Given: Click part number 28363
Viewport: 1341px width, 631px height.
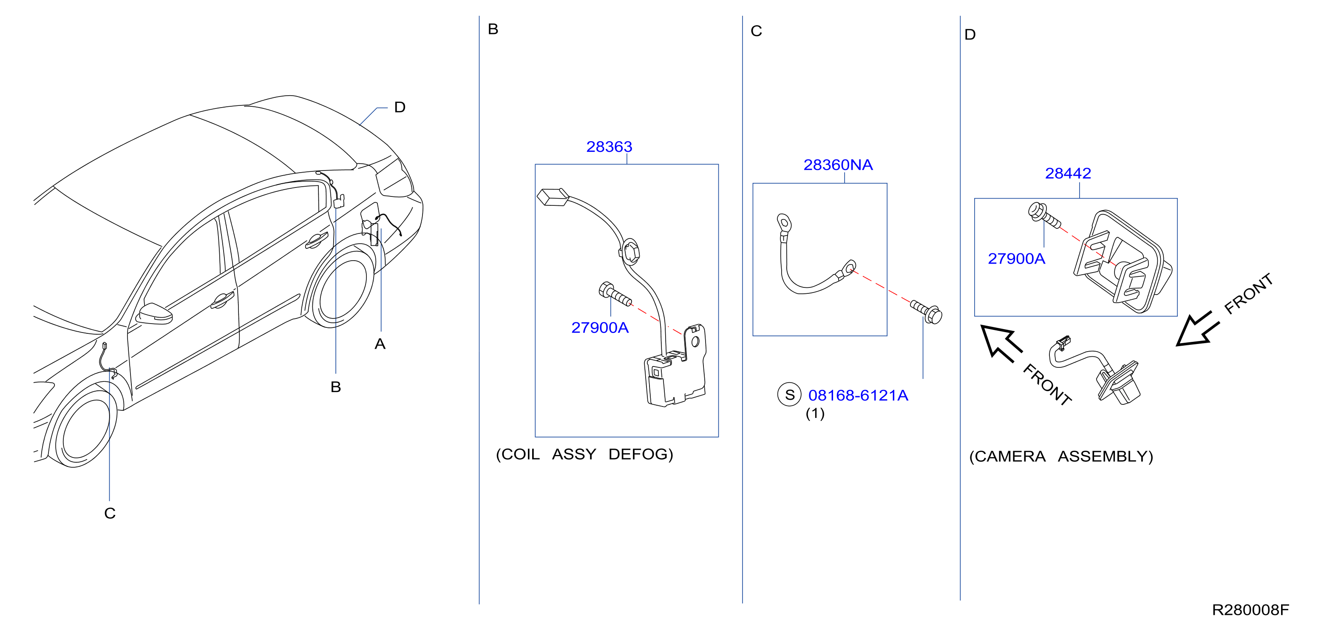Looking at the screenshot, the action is pyautogui.click(x=609, y=147).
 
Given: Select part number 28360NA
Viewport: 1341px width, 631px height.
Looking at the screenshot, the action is pyautogui.click(x=838, y=165).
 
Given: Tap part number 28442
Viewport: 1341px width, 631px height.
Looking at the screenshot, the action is pyautogui.click(x=1068, y=173).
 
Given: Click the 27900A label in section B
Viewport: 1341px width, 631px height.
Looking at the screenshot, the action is pyautogui.click(x=600, y=327).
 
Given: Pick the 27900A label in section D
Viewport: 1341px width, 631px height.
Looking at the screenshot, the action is pyautogui.click(x=1016, y=259).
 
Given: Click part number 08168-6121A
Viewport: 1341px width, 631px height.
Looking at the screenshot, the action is pyautogui.click(x=858, y=396).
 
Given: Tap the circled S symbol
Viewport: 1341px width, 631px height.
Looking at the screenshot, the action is pyautogui.click(x=789, y=395).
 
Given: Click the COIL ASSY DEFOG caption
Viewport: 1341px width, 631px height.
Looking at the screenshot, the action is pyautogui.click(x=584, y=455).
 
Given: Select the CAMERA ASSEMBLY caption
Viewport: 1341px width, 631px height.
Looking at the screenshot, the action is pyautogui.click(x=1061, y=457).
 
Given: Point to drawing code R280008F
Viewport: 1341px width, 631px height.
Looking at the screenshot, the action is pyautogui.click(x=1250, y=610).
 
